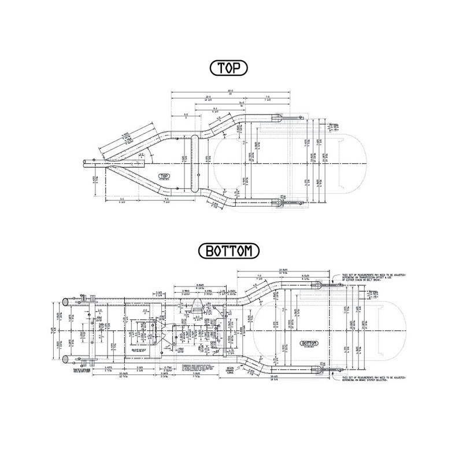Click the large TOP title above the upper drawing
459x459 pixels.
pos(229,68)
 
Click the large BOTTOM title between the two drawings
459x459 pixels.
pos(229,251)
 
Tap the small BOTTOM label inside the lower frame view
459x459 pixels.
pos(305,343)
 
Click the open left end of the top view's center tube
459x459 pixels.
pos(84,162)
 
